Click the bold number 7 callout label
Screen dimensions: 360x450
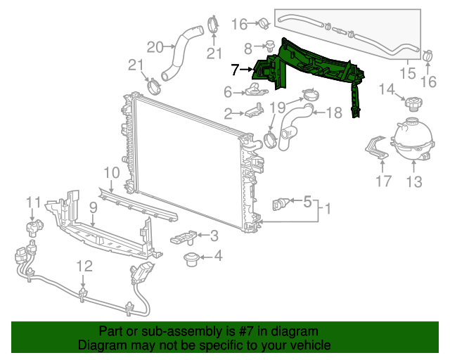point(235,69)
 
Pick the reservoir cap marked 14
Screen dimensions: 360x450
point(411,103)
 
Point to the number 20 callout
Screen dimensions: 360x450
point(154,47)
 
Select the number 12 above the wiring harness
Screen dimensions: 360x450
point(84,266)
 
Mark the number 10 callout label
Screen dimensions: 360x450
point(112,172)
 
